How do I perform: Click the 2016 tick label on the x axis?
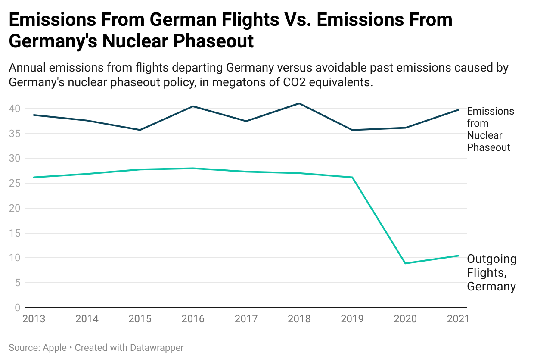pos(193,319)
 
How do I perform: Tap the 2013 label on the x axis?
pos(34,319)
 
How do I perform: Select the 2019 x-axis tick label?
pos(352,319)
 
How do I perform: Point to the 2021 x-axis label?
pos(458,319)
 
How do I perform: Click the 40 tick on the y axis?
pos(15,109)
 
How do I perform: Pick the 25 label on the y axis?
pos(15,183)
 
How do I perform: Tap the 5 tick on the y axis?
pos(17,283)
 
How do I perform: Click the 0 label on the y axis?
pos(17,308)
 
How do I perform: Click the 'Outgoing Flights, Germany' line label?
pos(491,273)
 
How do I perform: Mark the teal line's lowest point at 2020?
pos(406,263)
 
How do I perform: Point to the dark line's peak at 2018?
pos(299,103)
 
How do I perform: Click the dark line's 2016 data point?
pos(193,106)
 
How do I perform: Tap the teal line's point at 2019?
pos(352,177)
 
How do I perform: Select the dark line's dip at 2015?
pos(140,130)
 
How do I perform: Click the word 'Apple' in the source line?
pos(55,348)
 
